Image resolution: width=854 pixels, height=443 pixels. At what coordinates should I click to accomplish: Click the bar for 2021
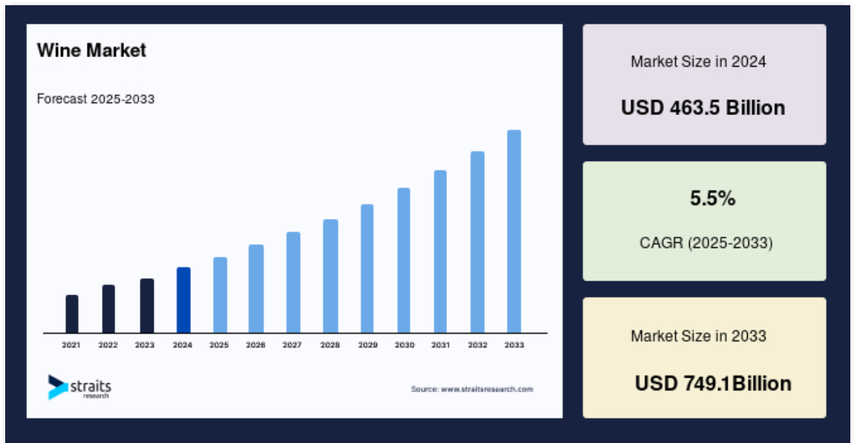(x=72, y=314)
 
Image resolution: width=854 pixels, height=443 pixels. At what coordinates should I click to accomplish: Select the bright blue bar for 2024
(x=183, y=300)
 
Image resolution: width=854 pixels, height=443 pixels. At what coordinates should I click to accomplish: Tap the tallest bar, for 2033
(x=514, y=232)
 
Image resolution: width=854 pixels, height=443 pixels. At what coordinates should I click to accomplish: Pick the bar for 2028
(x=330, y=276)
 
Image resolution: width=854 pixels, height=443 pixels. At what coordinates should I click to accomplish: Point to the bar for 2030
(x=403, y=260)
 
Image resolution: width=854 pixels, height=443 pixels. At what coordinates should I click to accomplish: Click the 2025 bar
(x=220, y=295)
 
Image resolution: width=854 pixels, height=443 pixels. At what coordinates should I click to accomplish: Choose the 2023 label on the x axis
(x=145, y=345)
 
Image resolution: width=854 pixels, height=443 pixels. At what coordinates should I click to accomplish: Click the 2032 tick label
(x=477, y=345)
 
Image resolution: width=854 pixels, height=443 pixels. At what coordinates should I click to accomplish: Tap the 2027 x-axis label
(x=292, y=345)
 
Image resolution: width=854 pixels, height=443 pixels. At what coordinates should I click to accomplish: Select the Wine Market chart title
(x=91, y=50)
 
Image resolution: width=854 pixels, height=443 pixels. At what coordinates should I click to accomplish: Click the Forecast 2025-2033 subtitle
(x=96, y=99)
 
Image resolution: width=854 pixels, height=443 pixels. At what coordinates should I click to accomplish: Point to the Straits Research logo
(x=79, y=387)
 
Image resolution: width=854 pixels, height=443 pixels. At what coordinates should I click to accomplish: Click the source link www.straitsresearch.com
(x=487, y=389)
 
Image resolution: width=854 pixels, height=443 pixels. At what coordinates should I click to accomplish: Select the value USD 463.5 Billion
(x=703, y=108)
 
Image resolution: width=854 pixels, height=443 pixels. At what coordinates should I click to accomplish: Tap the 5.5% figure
(x=712, y=199)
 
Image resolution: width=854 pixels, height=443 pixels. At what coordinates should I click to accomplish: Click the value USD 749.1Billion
(x=713, y=384)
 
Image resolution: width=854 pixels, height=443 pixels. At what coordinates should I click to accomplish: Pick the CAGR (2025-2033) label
(x=706, y=243)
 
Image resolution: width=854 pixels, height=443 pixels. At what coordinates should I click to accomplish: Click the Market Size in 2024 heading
(x=698, y=62)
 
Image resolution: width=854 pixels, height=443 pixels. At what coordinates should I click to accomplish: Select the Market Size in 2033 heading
(x=698, y=336)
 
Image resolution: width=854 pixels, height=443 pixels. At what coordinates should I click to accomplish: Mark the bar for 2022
(x=108, y=309)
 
